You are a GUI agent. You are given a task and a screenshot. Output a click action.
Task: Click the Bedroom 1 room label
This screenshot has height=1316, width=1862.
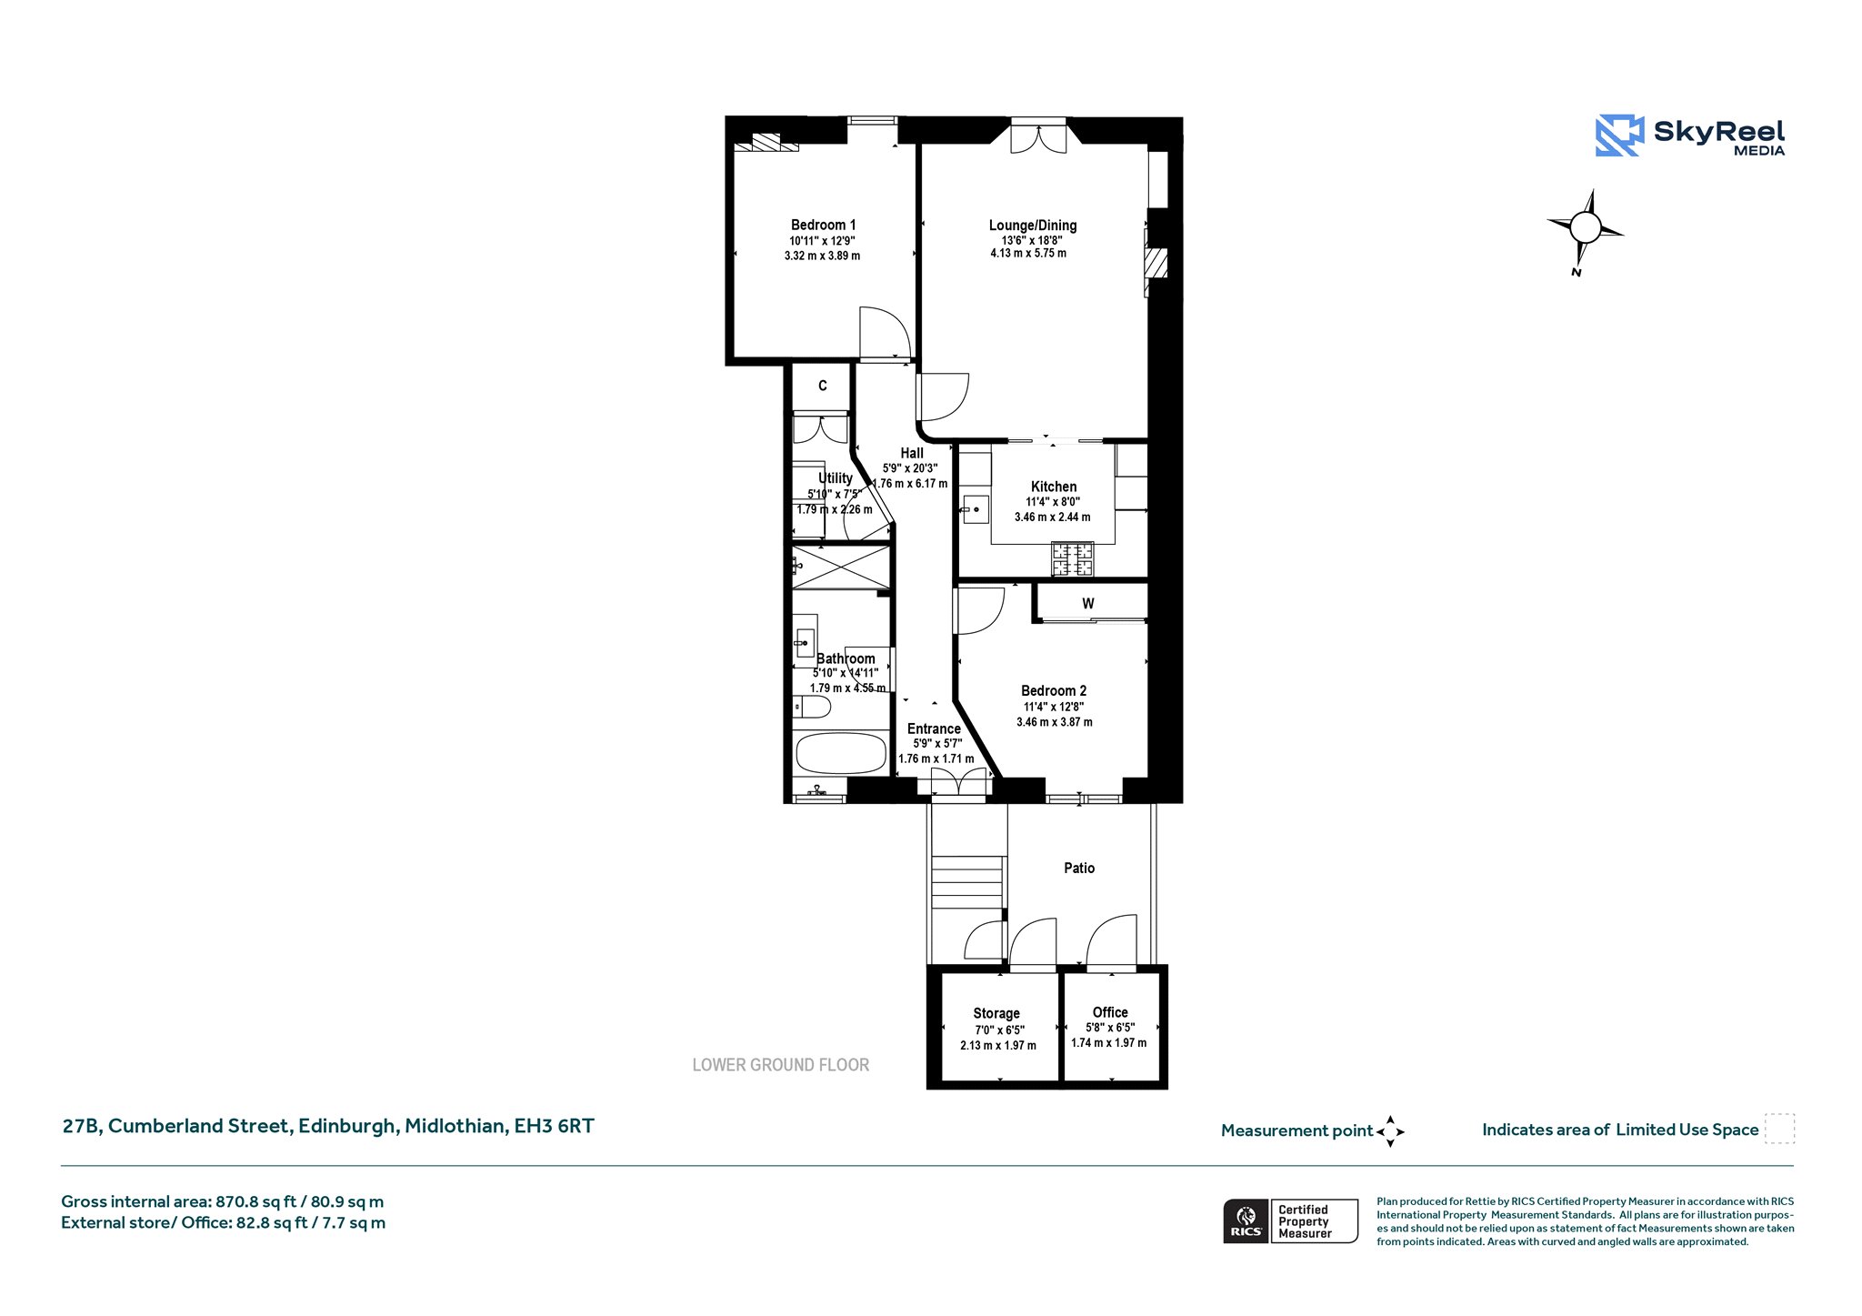(x=823, y=225)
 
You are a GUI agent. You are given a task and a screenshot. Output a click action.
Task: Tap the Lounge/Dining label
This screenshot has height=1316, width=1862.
(x=1033, y=225)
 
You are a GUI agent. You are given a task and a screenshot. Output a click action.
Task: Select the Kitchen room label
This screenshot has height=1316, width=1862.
(x=1054, y=487)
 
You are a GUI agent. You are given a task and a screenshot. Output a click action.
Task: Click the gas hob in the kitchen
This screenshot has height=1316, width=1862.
(x=1073, y=558)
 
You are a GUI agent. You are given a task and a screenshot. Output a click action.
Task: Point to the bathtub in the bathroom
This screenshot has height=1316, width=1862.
(x=840, y=753)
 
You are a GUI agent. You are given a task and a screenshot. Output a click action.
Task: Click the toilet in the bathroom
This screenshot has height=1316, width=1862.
(x=811, y=707)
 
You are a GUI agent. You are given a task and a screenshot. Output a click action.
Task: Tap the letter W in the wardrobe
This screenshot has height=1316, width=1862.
(x=1088, y=603)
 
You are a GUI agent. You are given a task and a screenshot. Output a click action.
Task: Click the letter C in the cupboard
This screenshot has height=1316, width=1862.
(x=823, y=386)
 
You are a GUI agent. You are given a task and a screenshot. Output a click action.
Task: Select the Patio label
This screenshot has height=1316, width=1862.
(x=1079, y=868)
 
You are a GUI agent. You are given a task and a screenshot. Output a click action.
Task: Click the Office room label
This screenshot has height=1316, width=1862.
(x=1110, y=1012)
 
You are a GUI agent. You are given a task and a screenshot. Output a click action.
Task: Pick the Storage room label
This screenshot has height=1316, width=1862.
(x=996, y=1013)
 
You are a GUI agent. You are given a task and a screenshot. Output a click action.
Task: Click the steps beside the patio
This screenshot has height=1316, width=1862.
(x=967, y=882)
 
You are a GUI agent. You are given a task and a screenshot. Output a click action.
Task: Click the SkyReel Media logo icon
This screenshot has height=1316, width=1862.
(x=1619, y=136)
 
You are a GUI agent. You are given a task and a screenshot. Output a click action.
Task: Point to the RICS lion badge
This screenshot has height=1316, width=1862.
(x=1246, y=1221)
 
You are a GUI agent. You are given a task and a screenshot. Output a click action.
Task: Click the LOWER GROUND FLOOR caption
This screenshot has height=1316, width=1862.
(x=781, y=1065)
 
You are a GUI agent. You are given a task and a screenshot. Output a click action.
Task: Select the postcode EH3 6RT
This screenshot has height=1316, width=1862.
(x=555, y=1126)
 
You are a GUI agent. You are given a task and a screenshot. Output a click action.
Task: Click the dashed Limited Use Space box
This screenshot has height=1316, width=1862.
(x=1779, y=1129)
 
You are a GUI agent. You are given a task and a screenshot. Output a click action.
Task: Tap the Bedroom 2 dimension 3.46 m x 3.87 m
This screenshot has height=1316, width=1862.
(x=1055, y=722)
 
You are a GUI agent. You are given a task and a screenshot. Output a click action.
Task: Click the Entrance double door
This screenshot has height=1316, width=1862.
(x=958, y=783)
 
